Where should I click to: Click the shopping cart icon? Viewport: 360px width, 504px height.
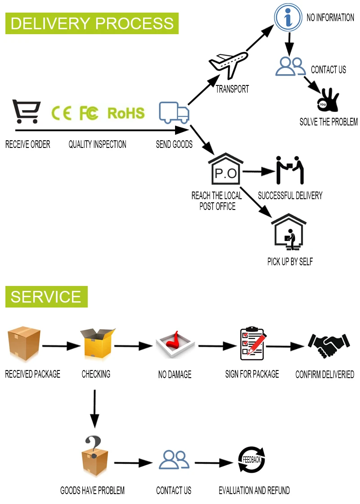click(x=27, y=111)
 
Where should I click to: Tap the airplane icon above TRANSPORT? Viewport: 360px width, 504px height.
click(x=229, y=65)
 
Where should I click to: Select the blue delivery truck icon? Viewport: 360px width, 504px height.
click(x=174, y=112)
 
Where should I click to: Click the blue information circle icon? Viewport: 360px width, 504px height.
click(x=288, y=18)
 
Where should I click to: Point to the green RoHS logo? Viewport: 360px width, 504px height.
click(x=126, y=113)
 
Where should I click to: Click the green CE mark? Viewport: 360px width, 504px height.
click(x=62, y=113)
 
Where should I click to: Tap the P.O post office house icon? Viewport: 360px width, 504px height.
click(x=225, y=169)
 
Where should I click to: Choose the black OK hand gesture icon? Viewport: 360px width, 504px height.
click(x=328, y=100)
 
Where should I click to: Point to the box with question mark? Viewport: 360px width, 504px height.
click(x=94, y=455)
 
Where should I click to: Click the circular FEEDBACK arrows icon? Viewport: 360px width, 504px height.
click(x=252, y=459)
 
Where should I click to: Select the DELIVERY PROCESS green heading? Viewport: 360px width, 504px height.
click(x=92, y=23)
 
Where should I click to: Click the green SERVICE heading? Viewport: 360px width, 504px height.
click(x=46, y=297)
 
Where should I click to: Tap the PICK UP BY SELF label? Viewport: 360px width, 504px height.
click(x=290, y=262)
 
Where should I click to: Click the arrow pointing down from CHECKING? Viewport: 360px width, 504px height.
click(x=94, y=409)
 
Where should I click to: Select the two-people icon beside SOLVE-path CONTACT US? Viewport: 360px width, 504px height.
click(x=290, y=66)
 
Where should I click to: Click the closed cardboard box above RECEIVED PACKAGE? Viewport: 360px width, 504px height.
click(x=24, y=343)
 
